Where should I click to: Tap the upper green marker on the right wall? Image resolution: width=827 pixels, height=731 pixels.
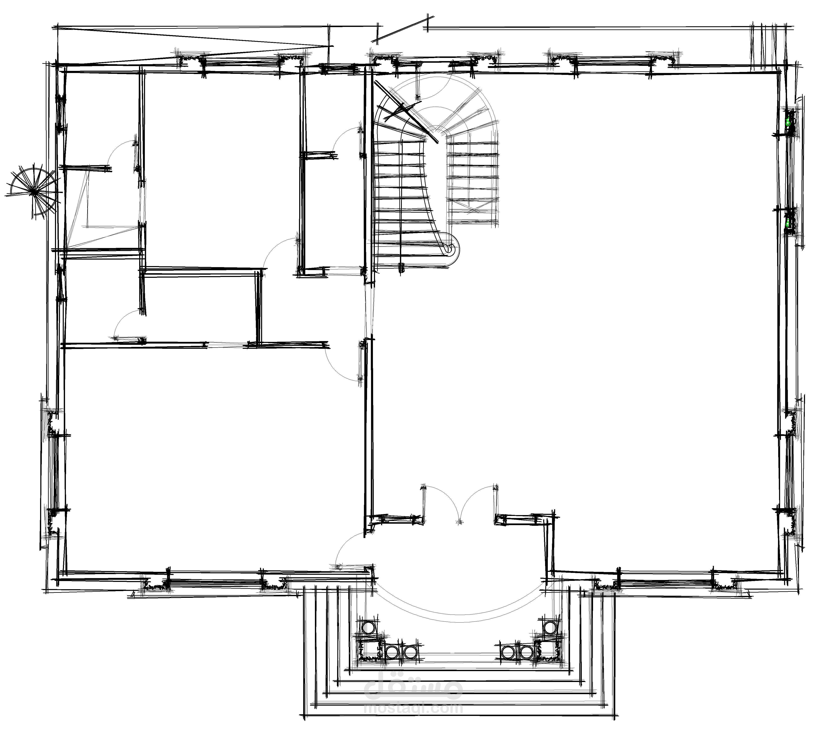click(x=787, y=122)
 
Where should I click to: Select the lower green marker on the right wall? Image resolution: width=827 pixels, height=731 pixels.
click(x=787, y=223)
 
